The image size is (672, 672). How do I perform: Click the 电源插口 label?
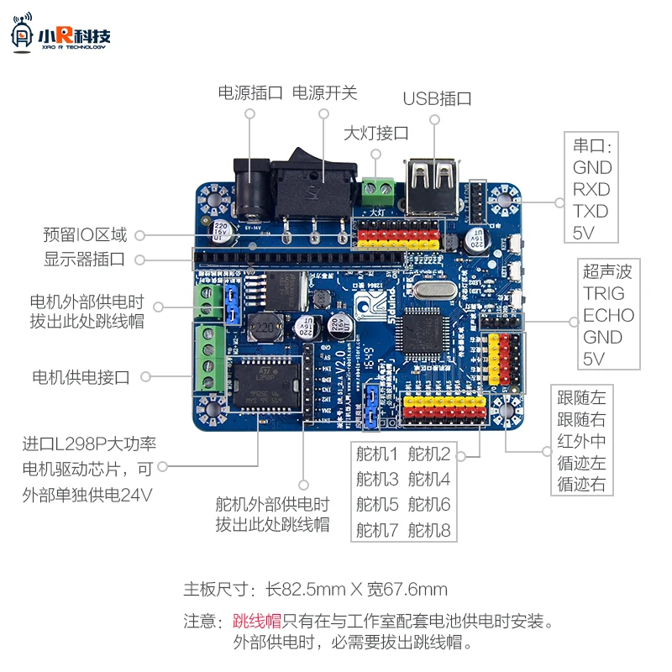(250, 93)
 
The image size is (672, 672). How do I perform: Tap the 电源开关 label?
(324, 93)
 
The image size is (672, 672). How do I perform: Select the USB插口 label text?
(437, 98)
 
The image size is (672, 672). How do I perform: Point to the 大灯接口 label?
(376, 133)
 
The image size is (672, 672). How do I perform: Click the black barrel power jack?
(249, 192)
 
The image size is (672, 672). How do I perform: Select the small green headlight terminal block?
(378, 191)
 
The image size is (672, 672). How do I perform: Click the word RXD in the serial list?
(591, 189)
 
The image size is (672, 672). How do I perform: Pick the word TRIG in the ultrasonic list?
(604, 293)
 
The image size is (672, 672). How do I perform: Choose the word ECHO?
(608, 315)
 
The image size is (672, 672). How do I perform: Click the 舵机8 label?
(429, 530)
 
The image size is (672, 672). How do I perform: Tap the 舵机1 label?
(376, 455)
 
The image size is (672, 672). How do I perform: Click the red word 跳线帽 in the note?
(257, 622)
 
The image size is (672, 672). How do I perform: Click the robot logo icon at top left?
(23, 34)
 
